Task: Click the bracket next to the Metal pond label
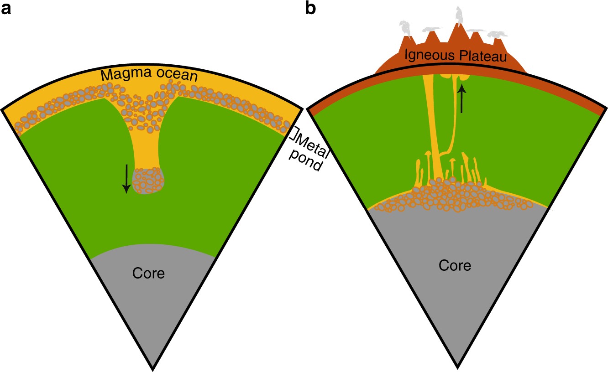click(x=296, y=134)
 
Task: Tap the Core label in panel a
click(x=148, y=274)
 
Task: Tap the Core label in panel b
click(x=455, y=265)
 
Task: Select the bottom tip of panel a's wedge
click(x=152, y=367)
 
